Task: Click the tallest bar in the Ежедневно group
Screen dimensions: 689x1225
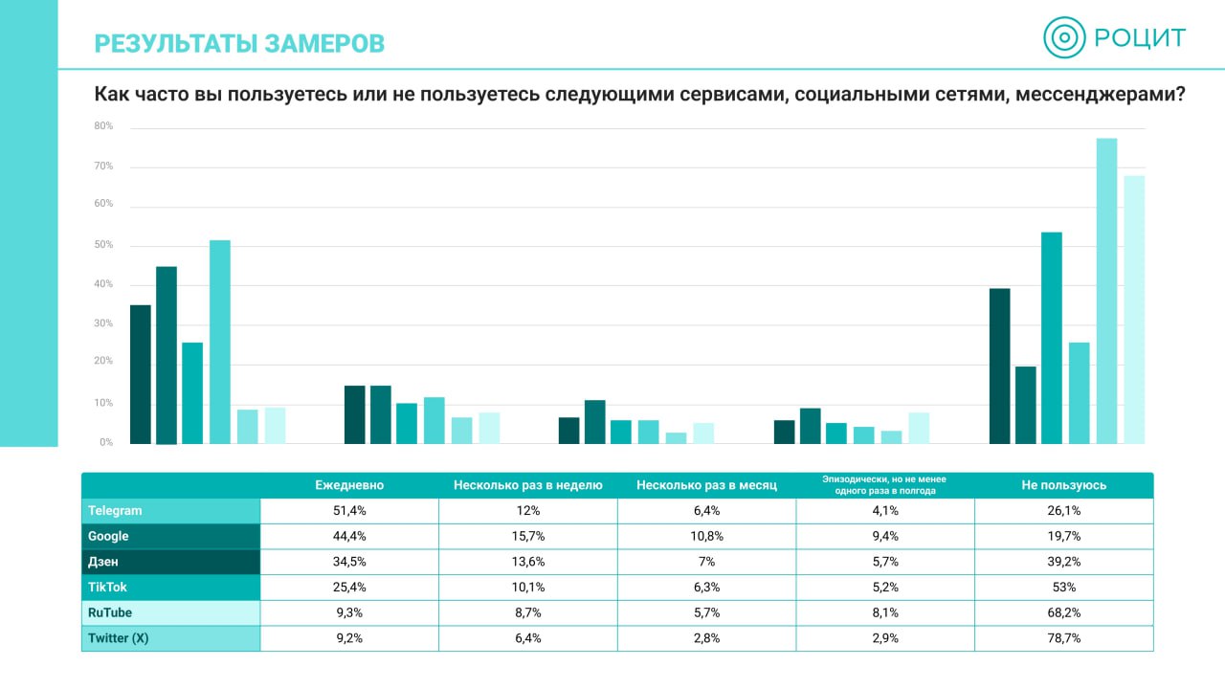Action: coord(220,342)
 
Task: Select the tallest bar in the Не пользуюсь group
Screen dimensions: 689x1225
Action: coord(1106,291)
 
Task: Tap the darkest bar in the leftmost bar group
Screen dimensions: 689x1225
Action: coord(141,374)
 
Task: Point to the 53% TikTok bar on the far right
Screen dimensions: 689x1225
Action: coord(1052,338)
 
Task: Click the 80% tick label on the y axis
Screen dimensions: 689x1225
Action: coord(103,126)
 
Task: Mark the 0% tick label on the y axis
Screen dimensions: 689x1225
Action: coord(105,443)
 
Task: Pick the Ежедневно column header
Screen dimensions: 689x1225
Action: coord(349,485)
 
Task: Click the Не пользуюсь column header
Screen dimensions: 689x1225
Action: coord(1064,485)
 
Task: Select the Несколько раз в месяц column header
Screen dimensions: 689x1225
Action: coord(706,485)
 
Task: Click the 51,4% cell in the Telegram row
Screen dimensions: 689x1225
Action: coord(349,511)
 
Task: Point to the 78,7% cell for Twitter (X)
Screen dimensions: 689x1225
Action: coord(1064,638)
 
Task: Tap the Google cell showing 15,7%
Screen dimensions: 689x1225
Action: coord(528,536)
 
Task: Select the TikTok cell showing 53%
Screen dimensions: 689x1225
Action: coord(1064,588)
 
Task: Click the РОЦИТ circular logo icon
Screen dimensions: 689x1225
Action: coord(1064,38)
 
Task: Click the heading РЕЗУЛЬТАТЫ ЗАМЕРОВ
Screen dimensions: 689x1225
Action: coord(239,43)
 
